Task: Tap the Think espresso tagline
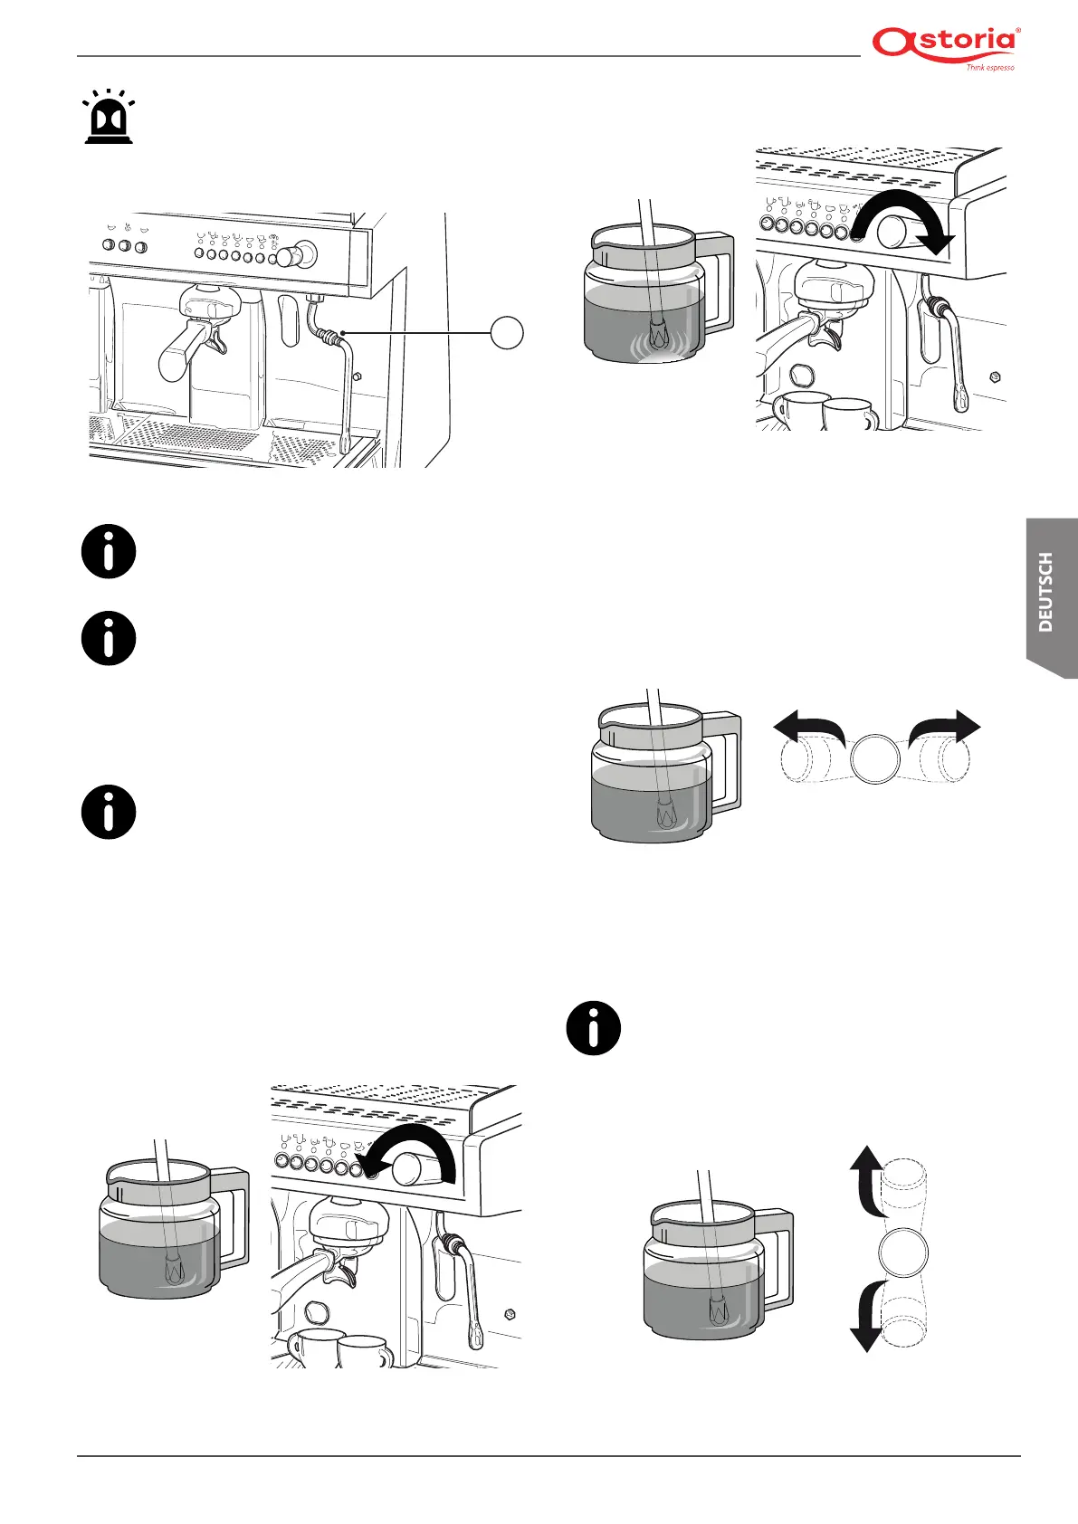click(989, 67)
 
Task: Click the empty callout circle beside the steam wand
click(507, 333)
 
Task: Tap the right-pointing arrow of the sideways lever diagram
click(950, 728)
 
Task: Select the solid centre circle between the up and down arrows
click(902, 1252)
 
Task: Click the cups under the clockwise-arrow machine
click(824, 412)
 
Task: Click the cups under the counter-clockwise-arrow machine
click(339, 1349)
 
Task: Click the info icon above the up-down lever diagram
click(594, 1029)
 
